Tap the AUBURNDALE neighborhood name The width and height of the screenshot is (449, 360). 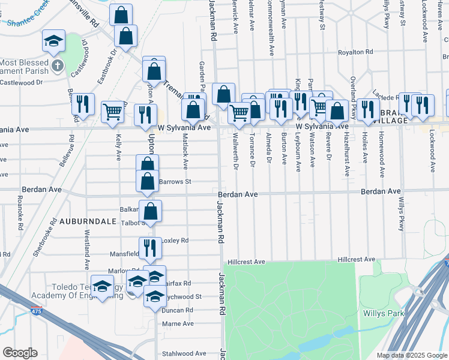[x=78, y=221]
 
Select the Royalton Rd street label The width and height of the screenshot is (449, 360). [x=357, y=52]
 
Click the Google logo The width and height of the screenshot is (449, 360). [x=20, y=353]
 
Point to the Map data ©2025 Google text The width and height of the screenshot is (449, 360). [x=411, y=355]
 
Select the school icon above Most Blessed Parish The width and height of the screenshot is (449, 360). [x=53, y=42]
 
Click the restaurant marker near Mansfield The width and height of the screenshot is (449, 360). [x=150, y=247]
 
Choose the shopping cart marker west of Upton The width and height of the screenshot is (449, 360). [x=113, y=112]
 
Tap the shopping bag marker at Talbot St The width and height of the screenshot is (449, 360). [x=151, y=211]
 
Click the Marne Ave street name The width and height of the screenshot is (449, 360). [x=178, y=323]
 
